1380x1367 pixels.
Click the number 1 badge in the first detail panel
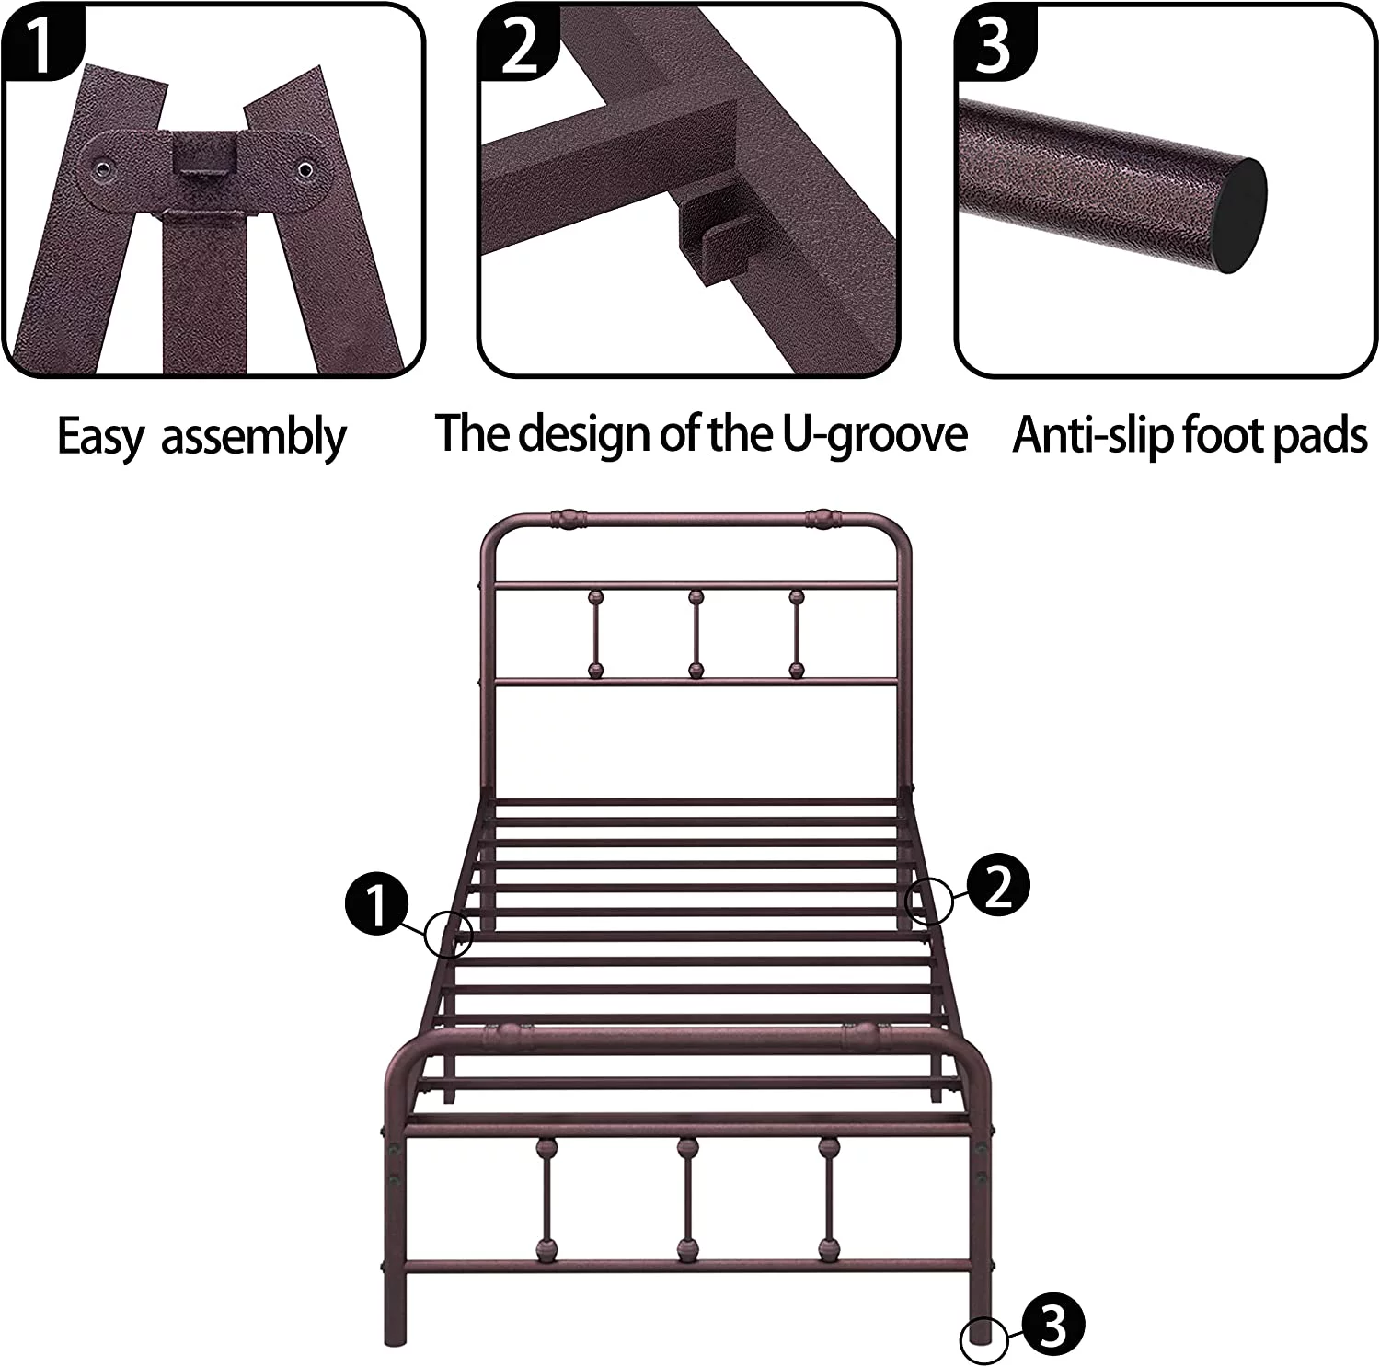39,41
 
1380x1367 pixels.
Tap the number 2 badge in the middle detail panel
517,42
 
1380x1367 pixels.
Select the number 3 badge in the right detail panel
994,42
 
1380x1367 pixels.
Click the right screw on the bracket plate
304,170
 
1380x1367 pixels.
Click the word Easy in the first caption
100,437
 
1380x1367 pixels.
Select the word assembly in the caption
254,437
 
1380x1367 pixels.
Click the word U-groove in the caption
875,434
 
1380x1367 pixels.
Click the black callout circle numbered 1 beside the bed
376,904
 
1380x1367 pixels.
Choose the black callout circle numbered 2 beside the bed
998,885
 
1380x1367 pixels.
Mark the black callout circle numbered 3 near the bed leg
1052,1326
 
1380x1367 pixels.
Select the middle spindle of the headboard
696,635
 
